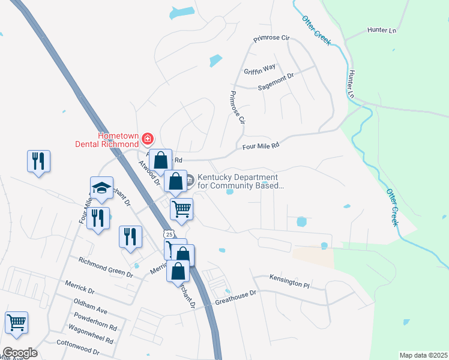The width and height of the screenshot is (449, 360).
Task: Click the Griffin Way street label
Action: pos(260,69)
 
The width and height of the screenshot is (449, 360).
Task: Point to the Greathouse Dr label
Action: pos(235,296)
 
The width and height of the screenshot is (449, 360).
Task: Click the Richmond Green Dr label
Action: pos(106,266)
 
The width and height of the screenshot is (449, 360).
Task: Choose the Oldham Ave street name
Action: pos(90,306)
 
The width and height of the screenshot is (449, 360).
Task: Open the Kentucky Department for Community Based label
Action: pos(238,181)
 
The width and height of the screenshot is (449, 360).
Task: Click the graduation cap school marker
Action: pos(101,187)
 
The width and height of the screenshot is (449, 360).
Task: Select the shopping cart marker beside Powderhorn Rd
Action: pos(16,322)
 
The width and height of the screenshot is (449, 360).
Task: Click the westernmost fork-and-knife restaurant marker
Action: pos(38,161)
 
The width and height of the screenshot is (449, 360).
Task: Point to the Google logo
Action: pos(20,353)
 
